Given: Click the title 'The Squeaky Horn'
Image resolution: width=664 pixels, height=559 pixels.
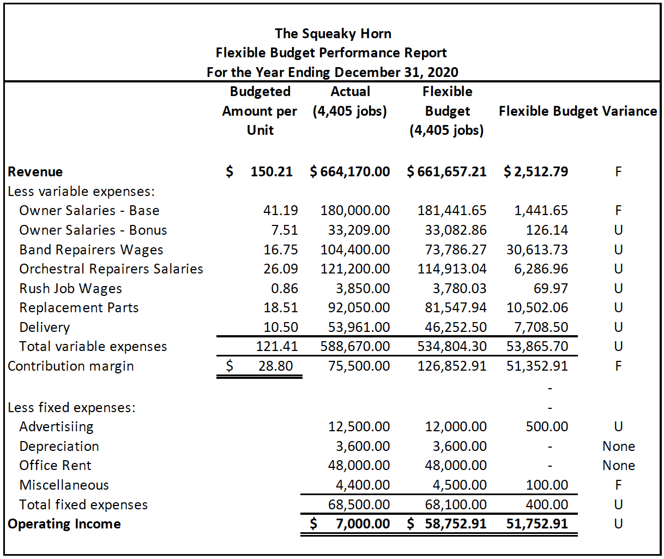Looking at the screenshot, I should [x=333, y=34].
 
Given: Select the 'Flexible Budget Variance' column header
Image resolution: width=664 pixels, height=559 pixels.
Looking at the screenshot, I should [x=578, y=111].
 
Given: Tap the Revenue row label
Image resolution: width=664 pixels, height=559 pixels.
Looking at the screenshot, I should [x=35, y=172].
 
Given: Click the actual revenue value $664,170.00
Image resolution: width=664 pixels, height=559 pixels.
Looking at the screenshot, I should [x=350, y=172].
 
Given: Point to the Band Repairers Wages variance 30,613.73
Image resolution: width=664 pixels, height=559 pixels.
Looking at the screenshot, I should [x=537, y=250].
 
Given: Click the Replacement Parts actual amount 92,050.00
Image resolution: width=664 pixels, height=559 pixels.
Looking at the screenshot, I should [x=359, y=308].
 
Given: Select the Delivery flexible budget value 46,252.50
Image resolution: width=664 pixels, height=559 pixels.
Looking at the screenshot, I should [x=456, y=328].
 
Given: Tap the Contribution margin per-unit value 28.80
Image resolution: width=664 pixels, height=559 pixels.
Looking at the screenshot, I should [x=275, y=366].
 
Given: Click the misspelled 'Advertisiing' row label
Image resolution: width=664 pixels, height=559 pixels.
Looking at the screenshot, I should [x=56, y=427].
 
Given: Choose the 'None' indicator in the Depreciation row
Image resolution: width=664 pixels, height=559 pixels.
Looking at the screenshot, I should [x=618, y=447].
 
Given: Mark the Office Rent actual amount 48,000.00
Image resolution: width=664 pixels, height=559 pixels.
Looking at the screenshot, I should [x=359, y=466].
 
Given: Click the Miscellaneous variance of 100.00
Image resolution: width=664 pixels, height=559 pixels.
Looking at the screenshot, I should [x=547, y=485].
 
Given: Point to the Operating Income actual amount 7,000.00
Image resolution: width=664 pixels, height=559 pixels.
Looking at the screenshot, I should [x=363, y=524].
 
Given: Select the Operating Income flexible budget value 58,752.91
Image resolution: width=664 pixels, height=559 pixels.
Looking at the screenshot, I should [x=456, y=524].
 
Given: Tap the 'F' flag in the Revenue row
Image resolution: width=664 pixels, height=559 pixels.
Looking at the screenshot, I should [x=618, y=172].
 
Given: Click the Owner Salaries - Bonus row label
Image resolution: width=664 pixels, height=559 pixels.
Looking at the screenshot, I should [x=93, y=230].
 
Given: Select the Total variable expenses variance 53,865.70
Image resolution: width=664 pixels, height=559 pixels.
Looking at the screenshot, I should [x=537, y=347].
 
